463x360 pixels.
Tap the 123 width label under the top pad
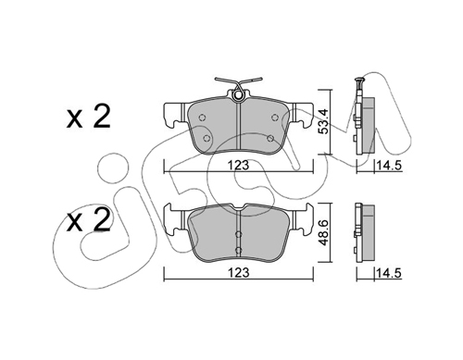coord(238,165)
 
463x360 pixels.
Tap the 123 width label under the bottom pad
coord(238,272)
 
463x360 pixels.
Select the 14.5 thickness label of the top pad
coord(389,166)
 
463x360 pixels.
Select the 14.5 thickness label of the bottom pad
coord(389,273)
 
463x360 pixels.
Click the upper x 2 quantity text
coord(89,118)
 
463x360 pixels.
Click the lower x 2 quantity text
coord(89,221)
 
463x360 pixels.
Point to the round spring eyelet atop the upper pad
coord(237,95)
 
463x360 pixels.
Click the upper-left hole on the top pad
coord(202,118)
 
